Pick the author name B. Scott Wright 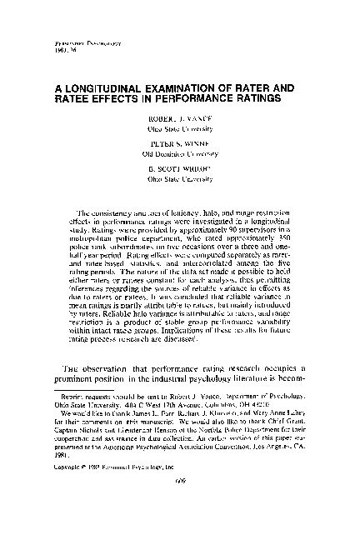pos(179,167)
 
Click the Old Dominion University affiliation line pos(179,153)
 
